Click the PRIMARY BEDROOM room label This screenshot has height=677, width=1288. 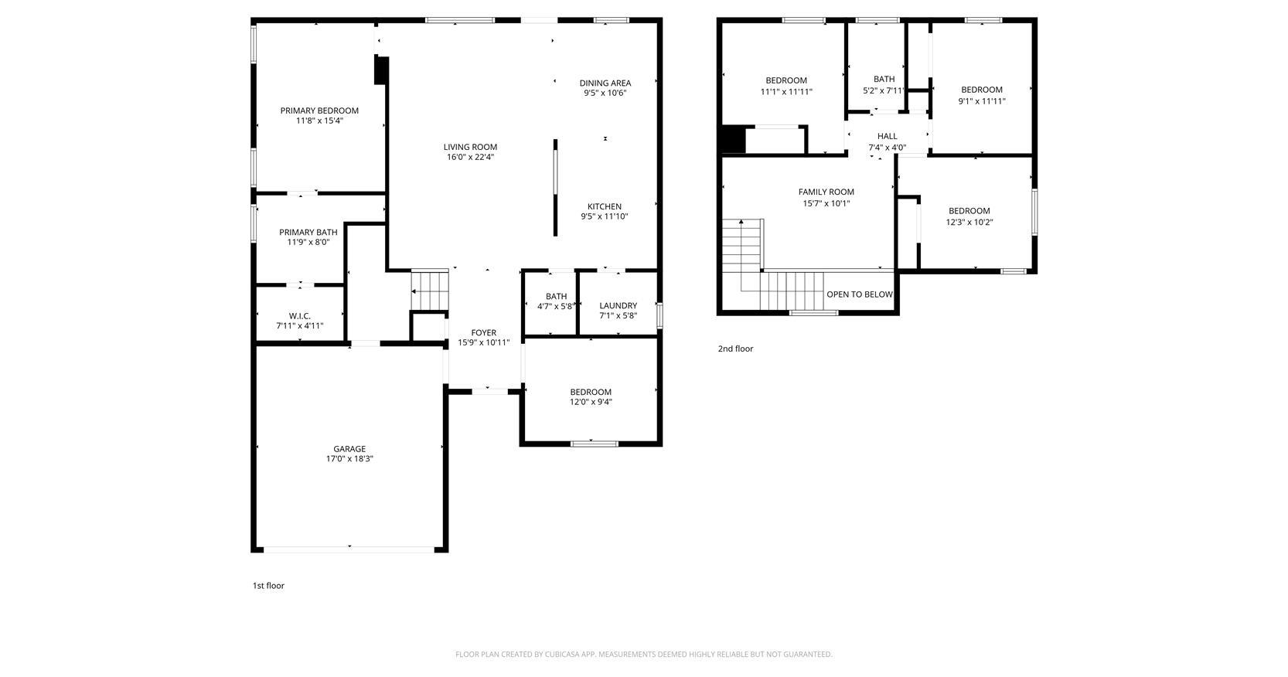click(x=319, y=111)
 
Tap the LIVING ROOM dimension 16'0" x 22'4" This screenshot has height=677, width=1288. click(x=470, y=157)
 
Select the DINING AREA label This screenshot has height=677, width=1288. click(x=605, y=83)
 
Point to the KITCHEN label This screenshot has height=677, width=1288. click(x=605, y=206)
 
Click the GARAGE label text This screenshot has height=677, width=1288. click(x=349, y=449)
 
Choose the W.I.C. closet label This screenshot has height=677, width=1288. click(x=299, y=316)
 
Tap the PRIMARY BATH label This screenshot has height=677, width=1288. click(x=308, y=232)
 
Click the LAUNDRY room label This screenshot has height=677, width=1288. click(x=618, y=306)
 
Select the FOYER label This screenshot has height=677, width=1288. click(x=483, y=333)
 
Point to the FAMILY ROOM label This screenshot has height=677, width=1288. click(x=826, y=192)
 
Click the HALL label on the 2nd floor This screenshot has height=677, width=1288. click(x=888, y=136)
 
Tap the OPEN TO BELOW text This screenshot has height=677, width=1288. click(x=860, y=294)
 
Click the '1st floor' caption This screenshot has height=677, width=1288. click(x=268, y=586)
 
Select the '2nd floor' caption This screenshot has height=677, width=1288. click(x=735, y=349)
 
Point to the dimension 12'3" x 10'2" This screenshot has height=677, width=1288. click(x=969, y=223)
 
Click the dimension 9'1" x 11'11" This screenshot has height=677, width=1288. click(x=982, y=101)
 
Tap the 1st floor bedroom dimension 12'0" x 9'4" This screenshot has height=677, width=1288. click(x=591, y=402)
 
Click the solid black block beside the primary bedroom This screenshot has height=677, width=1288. click(x=381, y=70)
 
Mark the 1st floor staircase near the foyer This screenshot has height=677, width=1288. click(x=430, y=291)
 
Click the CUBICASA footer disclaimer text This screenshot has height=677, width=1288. click(x=643, y=654)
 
